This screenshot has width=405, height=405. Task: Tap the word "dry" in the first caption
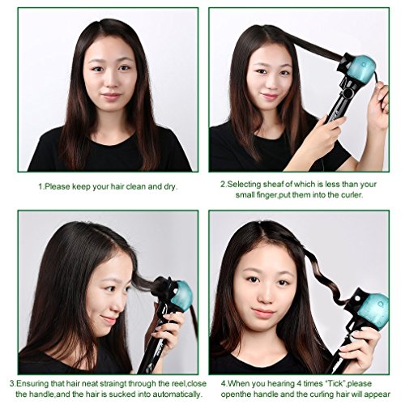(x=170, y=187)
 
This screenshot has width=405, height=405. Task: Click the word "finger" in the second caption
(x=267, y=195)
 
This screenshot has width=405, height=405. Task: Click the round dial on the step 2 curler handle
(x=347, y=93)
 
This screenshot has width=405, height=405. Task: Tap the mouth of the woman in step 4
(x=264, y=313)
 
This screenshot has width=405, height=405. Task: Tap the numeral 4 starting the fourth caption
(x=223, y=384)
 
